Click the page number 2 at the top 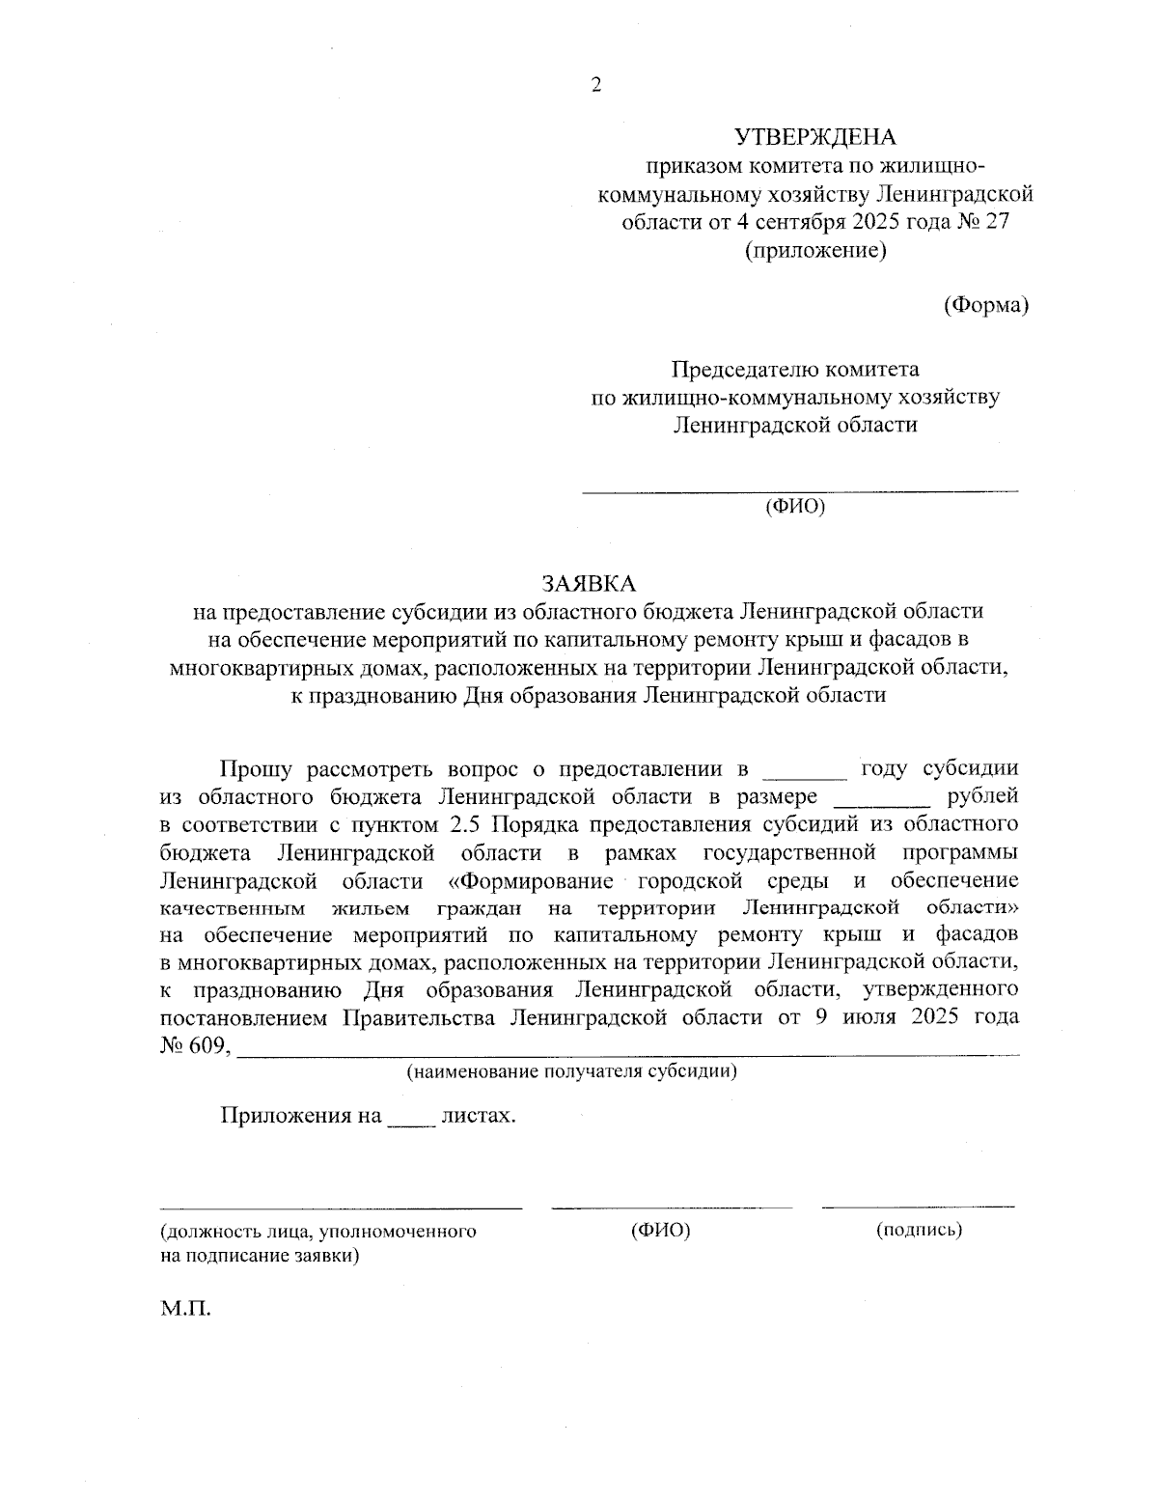tap(595, 85)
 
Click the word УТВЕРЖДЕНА tap(814, 136)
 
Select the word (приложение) tap(814, 251)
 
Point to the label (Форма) tap(985, 305)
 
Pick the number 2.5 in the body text tap(467, 825)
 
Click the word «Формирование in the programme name tap(532, 881)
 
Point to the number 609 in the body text tap(208, 1046)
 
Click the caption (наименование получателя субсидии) tap(572, 1071)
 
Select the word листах tap(478, 1117)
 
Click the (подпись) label tap(919, 1231)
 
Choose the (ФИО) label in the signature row tap(661, 1231)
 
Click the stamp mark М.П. tap(186, 1310)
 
